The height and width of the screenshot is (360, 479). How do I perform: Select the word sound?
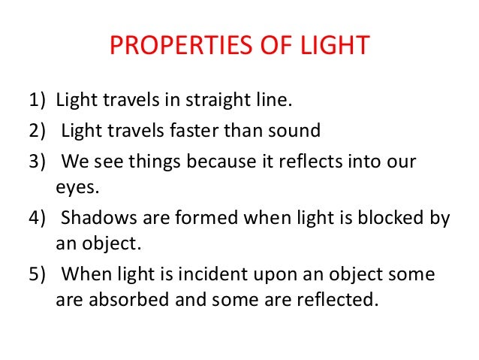295,131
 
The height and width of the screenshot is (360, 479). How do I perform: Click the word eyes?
75,189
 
